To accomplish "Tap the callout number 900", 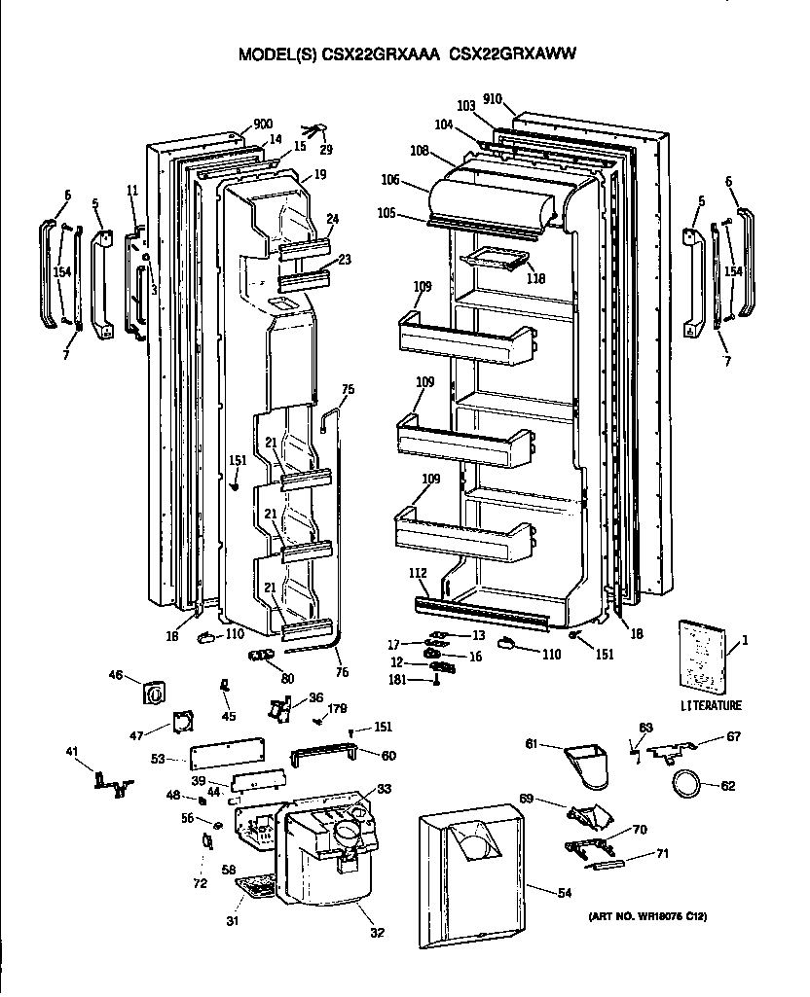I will [x=262, y=124].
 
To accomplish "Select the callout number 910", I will [x=492, y=99].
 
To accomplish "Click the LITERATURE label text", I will [x=711, y=705].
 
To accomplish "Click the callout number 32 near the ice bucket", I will [x=377, y=933].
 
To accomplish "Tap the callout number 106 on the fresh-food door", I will [x=390, y=180].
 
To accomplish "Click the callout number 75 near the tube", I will [x=348, y=389].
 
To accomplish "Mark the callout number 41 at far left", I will [x=72, y=751].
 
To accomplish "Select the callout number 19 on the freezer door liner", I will [x=319, y=176].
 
